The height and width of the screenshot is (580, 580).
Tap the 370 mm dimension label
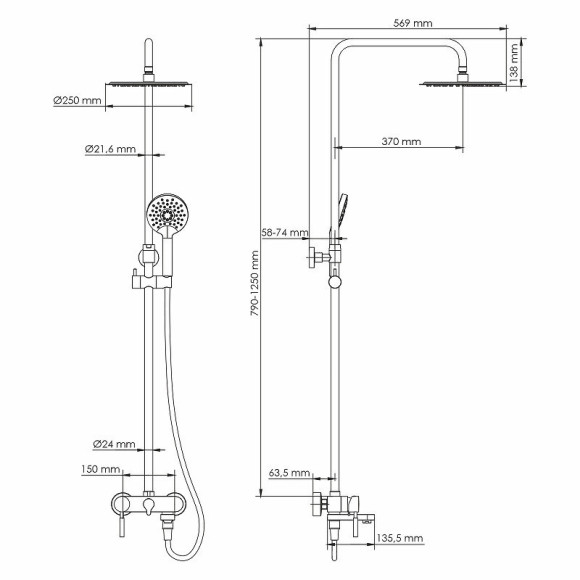tap(401, 142)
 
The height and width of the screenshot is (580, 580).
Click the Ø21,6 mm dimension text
tap(109, 149)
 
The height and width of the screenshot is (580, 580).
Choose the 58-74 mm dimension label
tap(283, 232)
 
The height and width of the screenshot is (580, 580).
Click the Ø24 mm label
tap(113, 443)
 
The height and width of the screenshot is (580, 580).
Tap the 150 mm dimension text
tap(103, 468)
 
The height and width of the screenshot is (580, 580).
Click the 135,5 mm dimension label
tap(400, 538)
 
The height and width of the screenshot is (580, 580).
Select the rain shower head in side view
tap(463, 83)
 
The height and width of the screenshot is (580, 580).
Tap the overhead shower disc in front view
tap(147, 85)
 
